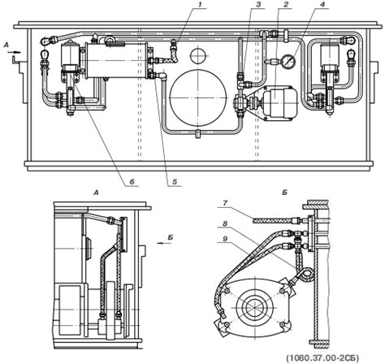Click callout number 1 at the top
point(199,5)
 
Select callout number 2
point(279,5)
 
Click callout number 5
point(175,181)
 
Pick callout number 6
point(132,181)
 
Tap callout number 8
point(225,224)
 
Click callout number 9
point(225,239)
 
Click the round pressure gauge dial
point(289,61)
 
